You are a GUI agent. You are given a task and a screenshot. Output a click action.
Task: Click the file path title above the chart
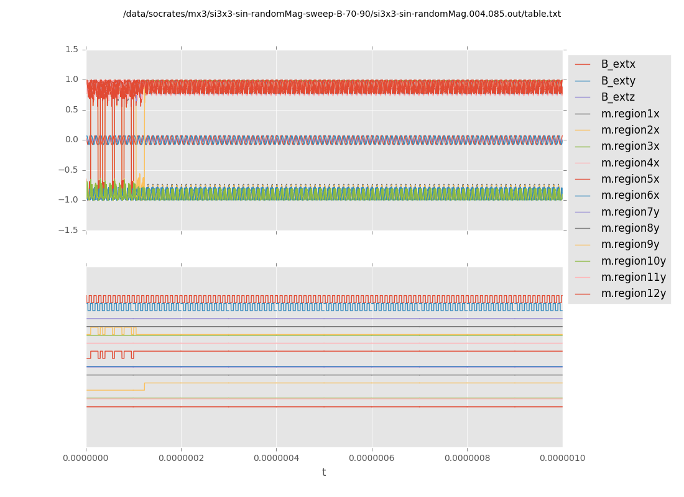341,14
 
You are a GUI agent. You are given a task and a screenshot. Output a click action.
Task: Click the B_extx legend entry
617,64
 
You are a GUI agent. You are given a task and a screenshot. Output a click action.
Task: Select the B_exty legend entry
617,81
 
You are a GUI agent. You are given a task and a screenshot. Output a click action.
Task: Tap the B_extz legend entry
617,97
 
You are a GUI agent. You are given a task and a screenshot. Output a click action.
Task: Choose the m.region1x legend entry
630,114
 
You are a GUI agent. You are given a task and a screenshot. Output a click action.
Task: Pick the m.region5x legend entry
630,179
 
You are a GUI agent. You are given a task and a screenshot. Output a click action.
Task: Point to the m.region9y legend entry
630,244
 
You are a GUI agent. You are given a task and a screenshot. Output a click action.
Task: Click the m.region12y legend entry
633,293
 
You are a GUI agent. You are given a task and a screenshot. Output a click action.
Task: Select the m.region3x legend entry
630,146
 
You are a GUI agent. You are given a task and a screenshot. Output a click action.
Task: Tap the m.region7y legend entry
630,212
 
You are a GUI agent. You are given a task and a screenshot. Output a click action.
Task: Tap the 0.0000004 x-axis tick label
276,458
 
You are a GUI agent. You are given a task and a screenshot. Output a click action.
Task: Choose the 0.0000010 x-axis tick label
562,458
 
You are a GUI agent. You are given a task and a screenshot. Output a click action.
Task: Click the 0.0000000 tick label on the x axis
86,458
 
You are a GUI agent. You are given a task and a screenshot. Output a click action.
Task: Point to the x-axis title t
324,473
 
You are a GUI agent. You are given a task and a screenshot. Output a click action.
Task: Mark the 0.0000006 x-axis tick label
372,458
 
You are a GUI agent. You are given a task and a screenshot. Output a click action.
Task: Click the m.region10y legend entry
633,261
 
